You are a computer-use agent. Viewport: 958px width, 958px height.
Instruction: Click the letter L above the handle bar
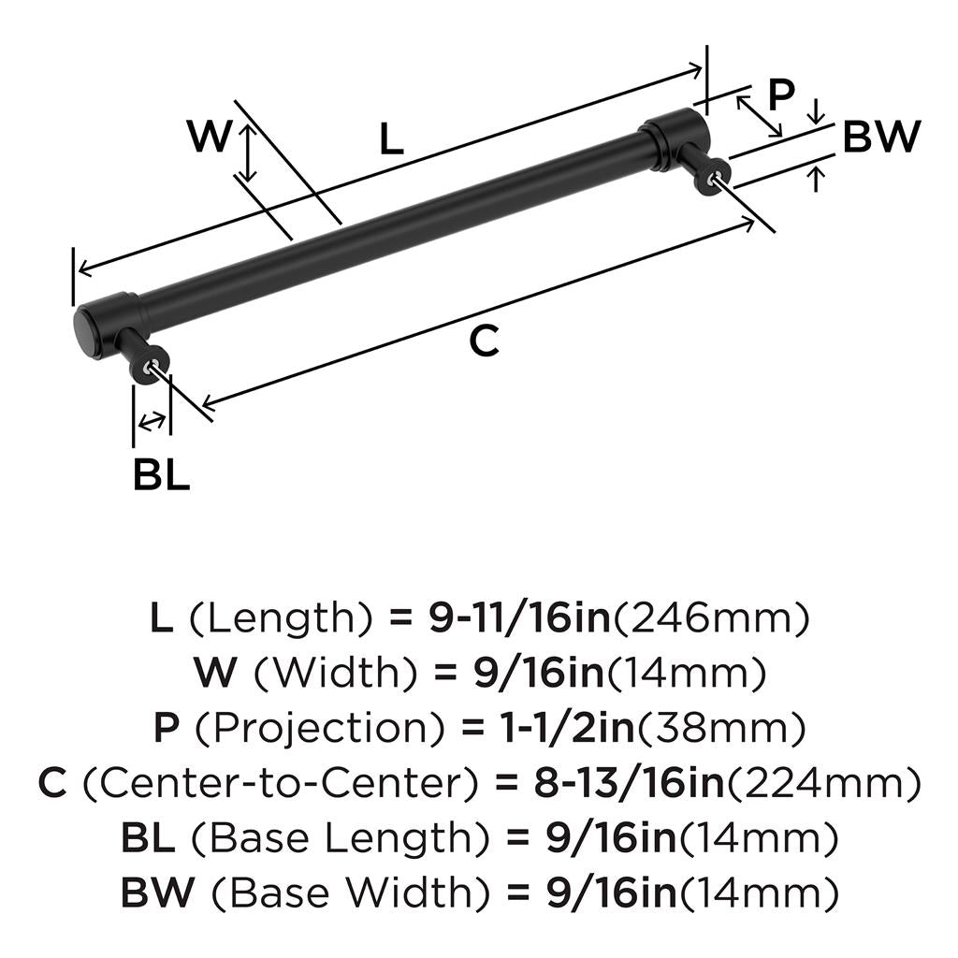[x=391, y=139]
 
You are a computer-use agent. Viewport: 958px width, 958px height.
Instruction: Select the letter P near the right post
[x=780, y=95]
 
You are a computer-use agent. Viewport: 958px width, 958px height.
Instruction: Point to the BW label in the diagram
[x=881, y=137]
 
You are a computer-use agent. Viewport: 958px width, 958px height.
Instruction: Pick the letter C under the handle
[x=485, y=341]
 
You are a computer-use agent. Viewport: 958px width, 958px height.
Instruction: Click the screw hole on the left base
[x=149, y=366]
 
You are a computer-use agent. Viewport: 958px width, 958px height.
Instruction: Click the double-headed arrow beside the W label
[x=247, y=152]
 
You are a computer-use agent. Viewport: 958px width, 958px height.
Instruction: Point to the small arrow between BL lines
[x=151, y=422]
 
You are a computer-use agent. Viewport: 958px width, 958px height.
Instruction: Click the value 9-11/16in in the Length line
[x=519, y=617]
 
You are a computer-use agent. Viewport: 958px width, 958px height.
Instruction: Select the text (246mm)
[x=710, y=618]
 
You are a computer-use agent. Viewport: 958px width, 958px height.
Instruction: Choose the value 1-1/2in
[x=567, y=727]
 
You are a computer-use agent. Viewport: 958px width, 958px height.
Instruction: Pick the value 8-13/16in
[x=630, y=782]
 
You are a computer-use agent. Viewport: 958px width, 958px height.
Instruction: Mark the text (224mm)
[x=822, y=783]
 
